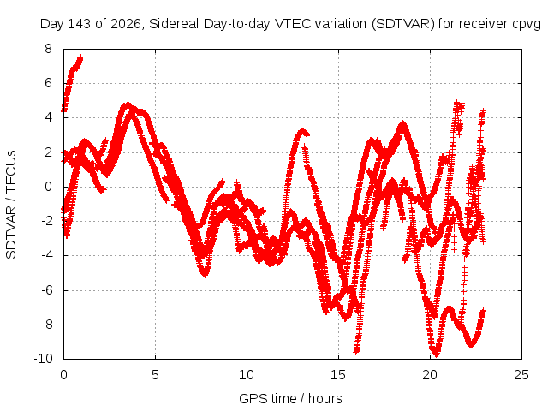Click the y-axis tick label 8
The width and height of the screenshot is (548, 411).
click(x=48, y=49)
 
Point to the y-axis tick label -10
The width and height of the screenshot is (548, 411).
click(x=44, y=359)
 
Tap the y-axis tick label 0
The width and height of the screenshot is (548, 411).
click(x=48, y=187)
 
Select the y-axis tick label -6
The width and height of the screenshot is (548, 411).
click(x=46, y=289)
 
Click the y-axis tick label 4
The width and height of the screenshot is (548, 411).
click(x=48, y=117)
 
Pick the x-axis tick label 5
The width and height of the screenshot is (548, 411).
click(x=155, y=375)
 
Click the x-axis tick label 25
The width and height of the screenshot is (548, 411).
click(x=521, y=375)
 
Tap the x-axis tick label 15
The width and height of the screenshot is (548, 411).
click(x=338, y=375)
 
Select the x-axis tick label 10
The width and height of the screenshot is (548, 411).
click(x=247, y=375)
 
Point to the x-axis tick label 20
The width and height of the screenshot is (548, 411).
click(x=430, y=375)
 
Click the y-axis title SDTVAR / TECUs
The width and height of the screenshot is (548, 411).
click(x=11, y=205)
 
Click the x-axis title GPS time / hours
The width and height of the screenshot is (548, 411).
click(x=290, y=398)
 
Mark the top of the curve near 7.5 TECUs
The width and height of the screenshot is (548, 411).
click(x=81, y=56)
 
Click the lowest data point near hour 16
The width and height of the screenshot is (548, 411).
click(x=356, y=352)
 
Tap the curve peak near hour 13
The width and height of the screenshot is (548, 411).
click(x=302, y=131)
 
